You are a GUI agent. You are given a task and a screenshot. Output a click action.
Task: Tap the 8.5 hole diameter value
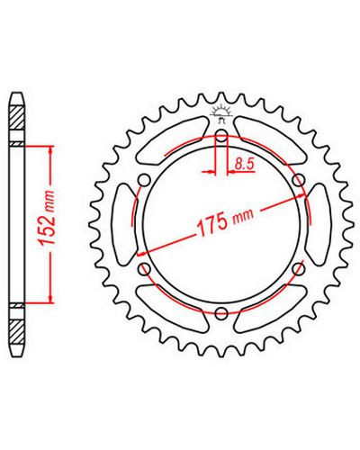click(245, 165)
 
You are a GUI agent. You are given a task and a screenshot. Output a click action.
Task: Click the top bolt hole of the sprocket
click(221, 135)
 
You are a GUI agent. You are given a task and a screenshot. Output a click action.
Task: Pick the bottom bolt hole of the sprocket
click(221, 312)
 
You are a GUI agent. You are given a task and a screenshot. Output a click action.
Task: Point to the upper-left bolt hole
click(144, 181)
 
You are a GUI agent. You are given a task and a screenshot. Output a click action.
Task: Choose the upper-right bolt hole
click(299, 181)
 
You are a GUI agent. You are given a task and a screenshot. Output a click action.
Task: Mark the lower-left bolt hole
click(145, 269)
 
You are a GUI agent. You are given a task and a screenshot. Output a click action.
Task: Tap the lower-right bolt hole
click(299, 269)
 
